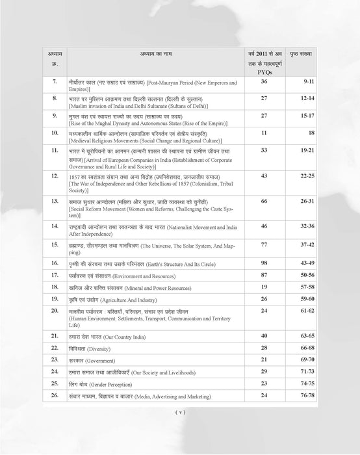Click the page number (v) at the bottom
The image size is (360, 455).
(x=180, y=411)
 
